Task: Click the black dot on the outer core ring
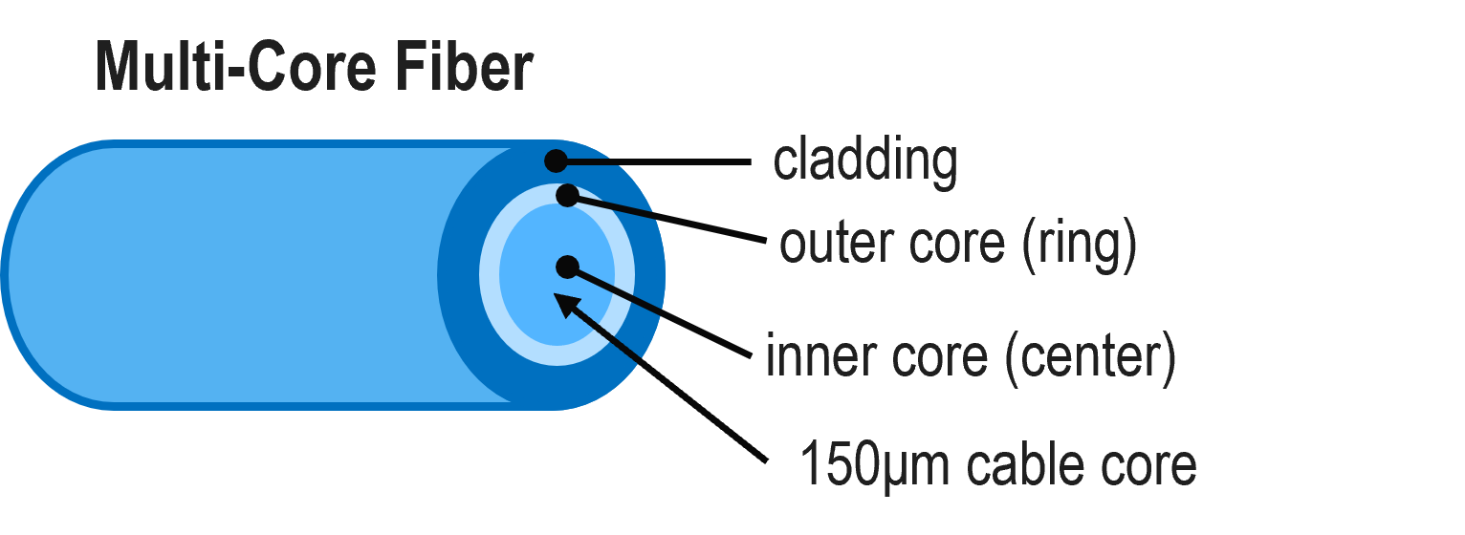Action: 567,195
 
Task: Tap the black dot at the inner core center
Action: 567,267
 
